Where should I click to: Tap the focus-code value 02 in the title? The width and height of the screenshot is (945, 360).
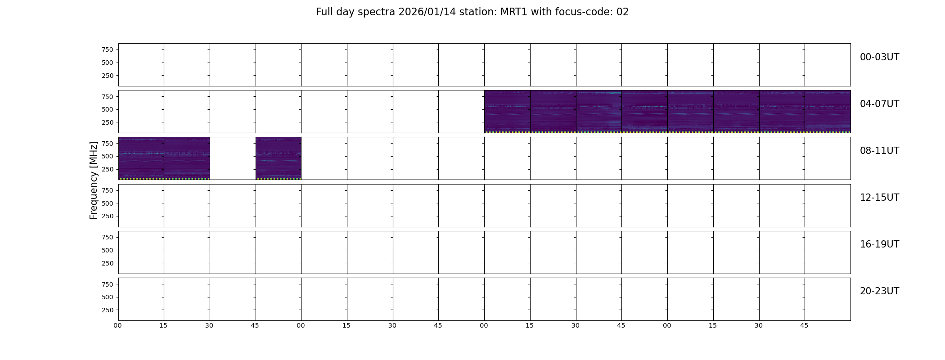(622, 12)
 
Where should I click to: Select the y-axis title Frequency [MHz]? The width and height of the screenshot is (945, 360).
(94, 180)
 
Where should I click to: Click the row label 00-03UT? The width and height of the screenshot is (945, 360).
(879, 57)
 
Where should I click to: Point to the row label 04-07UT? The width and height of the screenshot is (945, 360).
(879, 104)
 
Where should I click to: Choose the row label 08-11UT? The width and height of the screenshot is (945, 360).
(879, 151)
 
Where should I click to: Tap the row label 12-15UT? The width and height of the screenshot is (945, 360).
(879, 198)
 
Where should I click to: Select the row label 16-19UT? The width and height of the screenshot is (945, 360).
(879, 244)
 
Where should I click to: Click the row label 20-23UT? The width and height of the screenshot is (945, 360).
(879, 291)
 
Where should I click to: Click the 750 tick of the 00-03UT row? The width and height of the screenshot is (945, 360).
(108, 49)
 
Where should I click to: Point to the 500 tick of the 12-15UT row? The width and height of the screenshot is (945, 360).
(108, 203)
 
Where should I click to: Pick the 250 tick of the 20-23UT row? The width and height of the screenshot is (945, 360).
(108, 310)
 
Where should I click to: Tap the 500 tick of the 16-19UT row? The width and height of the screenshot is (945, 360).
(108, 250)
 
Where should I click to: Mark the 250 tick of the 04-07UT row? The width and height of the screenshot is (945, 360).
(108, 122)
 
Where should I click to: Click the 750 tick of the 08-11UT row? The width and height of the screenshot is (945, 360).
(108, 144)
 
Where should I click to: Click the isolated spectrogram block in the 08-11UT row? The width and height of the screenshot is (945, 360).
(279, 158)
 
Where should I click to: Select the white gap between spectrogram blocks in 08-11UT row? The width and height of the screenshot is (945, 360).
(233, 158)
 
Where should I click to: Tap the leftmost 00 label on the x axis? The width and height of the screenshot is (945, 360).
(117, 326)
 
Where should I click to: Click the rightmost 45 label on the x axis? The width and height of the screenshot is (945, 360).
(804, 326)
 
